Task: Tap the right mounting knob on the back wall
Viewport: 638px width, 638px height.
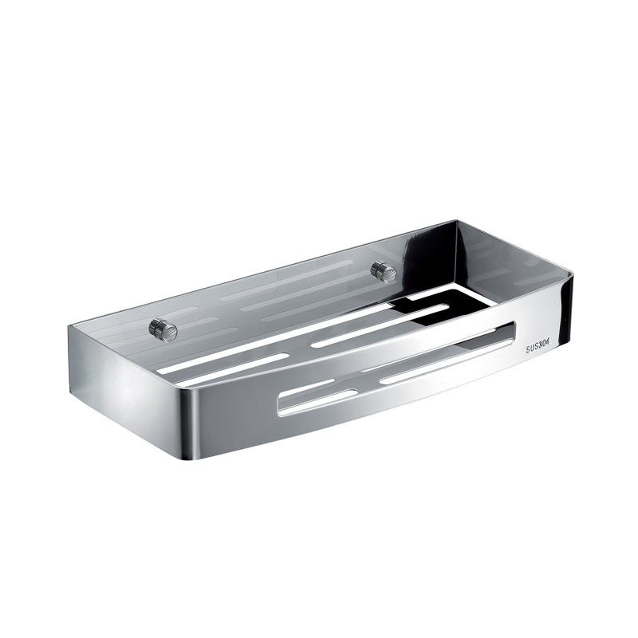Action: coord(384,272)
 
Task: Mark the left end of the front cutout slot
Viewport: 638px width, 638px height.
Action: coord(282,402)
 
